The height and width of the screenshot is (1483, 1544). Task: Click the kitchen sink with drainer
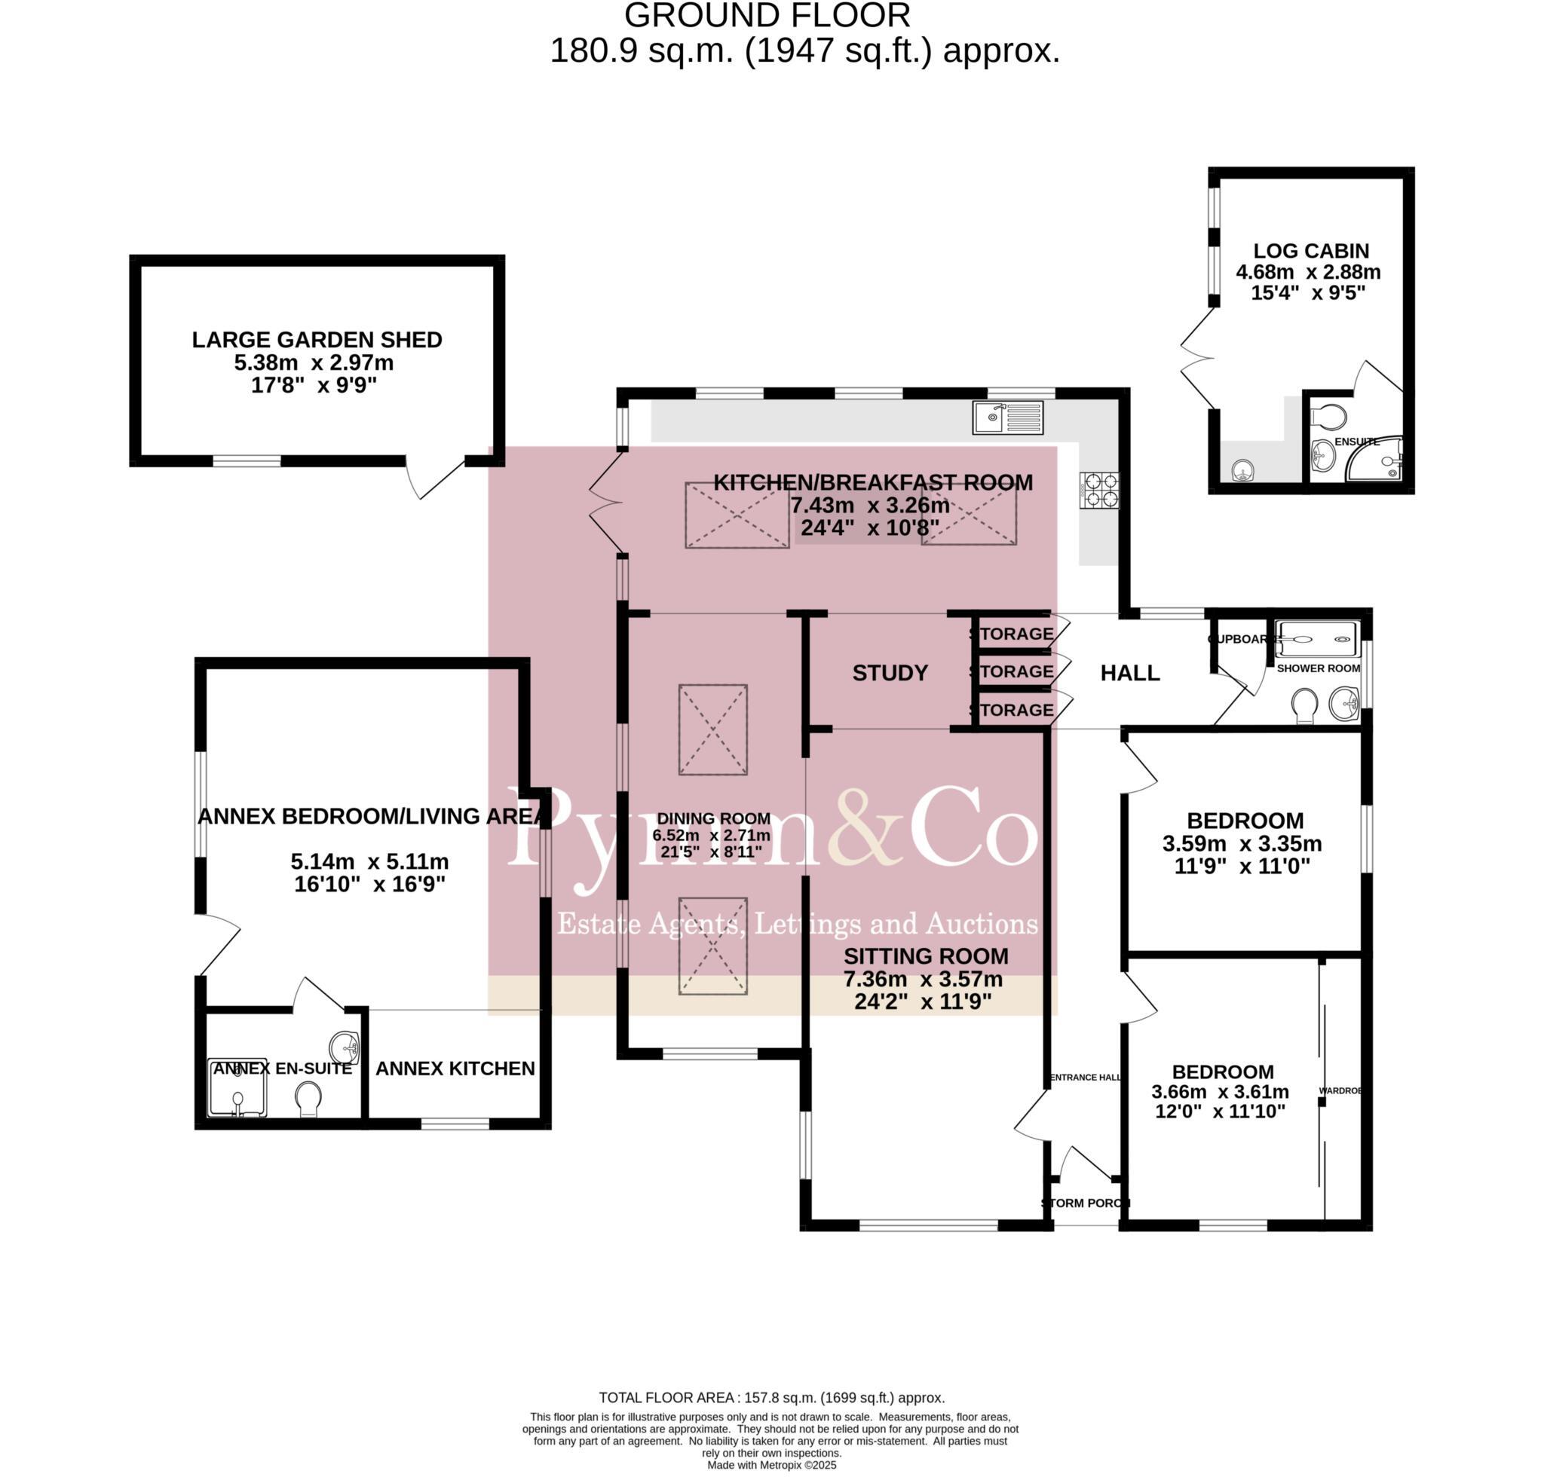pyautogui.click(x=1007, y=417)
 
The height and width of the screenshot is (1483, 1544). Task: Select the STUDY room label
pyautogui.click(x=890, y=673)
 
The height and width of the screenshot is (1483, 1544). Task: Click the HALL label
pyautogui.click(x=1129, y=673)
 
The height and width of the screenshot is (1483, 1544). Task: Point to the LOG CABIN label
pyautogui.click(x=1311, y=250)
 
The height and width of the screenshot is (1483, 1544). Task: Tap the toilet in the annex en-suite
pyautogui.click(x=308, y=1098)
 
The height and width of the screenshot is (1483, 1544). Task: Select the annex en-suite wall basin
pyautogui.click(x=345, y=1047)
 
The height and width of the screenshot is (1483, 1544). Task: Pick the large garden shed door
pyautogui.click(x=436, y=478)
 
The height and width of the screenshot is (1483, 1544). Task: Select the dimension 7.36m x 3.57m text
pyautogui.click(x=923, y=979)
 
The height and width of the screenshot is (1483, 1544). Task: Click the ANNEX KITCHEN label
pyautogui.click(x=455, y=1068)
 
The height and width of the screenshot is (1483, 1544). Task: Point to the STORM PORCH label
pyautogui.click(x=1086, y=1203)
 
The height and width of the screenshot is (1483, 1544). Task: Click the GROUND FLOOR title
pyautogui.click(x=767, y=16)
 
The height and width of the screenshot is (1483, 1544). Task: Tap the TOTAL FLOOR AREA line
pyautogui.click(x=771, y=1397)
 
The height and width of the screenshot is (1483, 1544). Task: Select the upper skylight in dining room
pyautogui.click(x=713, y=729)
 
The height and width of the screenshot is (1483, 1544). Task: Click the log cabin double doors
pyautogui.click(x=1197, y=359)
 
